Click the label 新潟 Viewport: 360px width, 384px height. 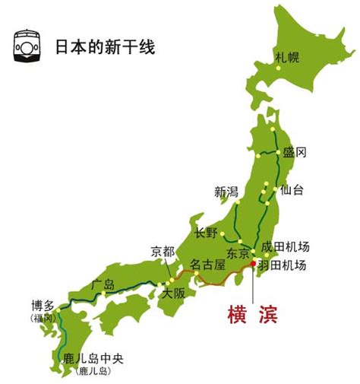coord(226,192)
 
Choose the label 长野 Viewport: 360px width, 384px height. coord(207,233)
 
